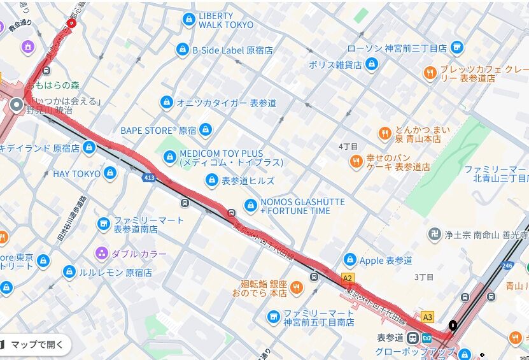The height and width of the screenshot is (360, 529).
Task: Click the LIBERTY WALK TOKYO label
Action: point(225,20)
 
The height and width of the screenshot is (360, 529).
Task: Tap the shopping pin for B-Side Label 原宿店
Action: point(183,50)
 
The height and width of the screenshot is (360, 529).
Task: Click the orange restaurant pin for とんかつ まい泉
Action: point(384,134)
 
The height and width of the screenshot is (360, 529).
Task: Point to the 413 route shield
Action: point(149,178)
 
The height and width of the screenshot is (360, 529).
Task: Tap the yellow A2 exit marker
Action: point(347,278)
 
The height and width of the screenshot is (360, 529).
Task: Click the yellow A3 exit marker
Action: point(427,317)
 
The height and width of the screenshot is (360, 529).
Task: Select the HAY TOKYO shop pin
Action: point(110,173)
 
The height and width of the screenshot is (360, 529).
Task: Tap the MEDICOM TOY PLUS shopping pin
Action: point(169,156)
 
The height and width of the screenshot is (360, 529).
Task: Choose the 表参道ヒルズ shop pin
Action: point(211,181)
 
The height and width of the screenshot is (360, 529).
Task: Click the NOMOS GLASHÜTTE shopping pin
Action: point(251,206)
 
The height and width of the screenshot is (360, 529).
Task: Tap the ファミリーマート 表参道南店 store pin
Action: point(104,224)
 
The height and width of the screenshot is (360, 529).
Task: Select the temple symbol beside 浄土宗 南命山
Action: point(435,234)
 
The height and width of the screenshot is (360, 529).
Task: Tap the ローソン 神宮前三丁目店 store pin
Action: point(456,48)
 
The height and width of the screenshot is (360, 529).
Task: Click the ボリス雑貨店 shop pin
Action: point(372,64)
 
